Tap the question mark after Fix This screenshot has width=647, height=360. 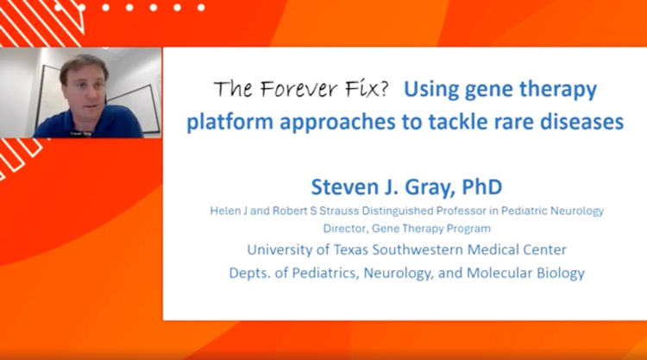pos(383,88)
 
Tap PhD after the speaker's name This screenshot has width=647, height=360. pos(482,186)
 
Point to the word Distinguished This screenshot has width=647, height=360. pos(398,211)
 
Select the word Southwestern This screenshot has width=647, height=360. pos(418,249)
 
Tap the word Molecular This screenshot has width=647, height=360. pos(499,273)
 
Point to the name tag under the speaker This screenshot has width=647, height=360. pos(80,134)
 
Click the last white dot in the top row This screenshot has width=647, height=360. pos(201,8)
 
